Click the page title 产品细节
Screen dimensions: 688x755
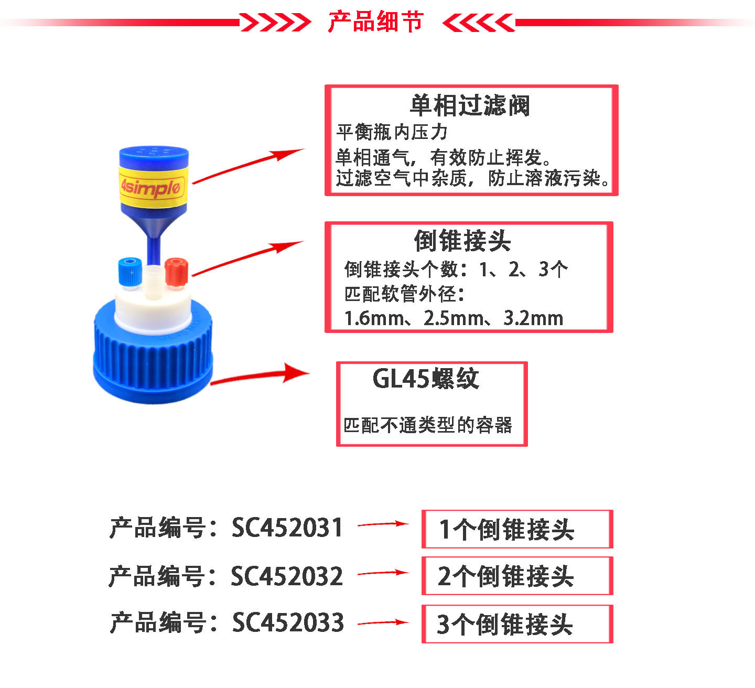375,22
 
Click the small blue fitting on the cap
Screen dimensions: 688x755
129,271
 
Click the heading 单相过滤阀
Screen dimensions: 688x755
470,105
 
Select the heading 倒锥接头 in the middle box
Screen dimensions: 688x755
462,241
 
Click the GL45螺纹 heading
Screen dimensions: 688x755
426,379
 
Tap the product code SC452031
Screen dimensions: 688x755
287,528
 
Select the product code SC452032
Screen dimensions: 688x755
287,576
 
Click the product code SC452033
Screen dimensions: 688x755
288,623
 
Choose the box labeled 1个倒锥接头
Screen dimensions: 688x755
517,529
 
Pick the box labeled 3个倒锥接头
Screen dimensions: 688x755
517,624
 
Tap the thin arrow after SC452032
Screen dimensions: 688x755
383,573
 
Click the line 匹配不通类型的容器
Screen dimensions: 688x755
428,425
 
